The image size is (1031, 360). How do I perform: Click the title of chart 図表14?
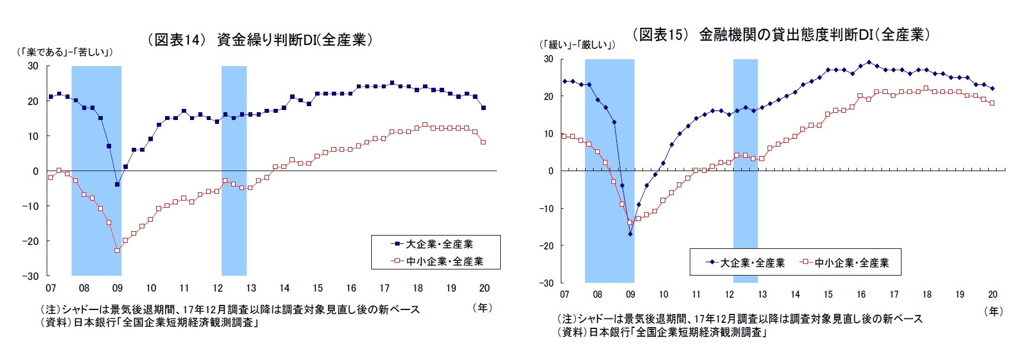[259, 40]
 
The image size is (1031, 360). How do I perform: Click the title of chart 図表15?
[781, 34]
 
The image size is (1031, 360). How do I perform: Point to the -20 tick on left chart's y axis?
[31, 241]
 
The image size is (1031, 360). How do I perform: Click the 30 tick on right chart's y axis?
[549, 59]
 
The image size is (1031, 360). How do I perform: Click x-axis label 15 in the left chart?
[317, 288]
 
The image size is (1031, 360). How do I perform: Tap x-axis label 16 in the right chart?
[861, 294]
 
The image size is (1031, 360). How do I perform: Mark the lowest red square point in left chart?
[117, 251]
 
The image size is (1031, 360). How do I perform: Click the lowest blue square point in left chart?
[117, 184]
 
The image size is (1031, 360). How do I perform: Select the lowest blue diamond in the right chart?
[630, 234]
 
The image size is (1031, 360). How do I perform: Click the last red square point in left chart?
[484, 142]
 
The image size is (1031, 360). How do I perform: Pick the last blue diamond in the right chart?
[993, 88]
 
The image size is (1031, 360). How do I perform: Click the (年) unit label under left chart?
[481, 307]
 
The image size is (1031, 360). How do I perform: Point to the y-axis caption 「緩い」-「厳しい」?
[577, 45]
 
